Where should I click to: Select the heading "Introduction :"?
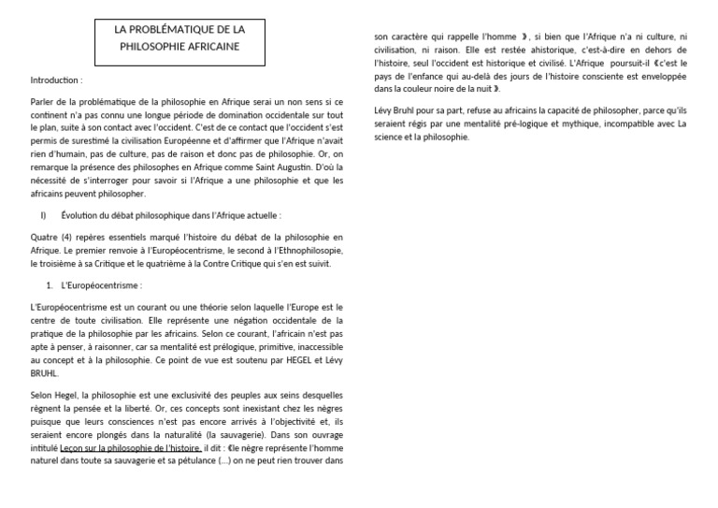tap(57, 80)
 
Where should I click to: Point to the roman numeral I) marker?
tap(43, 215)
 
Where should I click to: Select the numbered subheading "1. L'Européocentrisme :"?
tap(98, 284)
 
